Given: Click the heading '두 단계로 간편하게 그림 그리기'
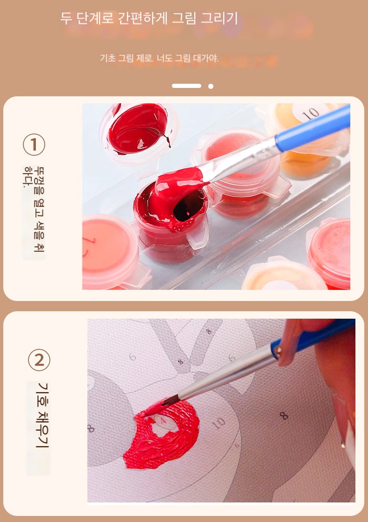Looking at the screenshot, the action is pyautogui.click(x=149, y=18).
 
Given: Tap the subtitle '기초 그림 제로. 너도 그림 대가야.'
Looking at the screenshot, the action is pyautogui.click(x=159, y=58).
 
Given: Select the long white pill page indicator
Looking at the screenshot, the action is pyautogui.click(x=186, y=86).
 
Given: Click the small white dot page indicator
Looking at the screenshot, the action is pyautogui.click(x=211, y=86).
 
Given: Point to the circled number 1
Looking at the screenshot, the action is pyautogui.click(x=34, y=145).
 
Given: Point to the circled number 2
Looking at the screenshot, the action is pyautogui.click(x=39, y=360).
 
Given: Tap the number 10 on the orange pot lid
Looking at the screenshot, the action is pyautogui.click(x=311, y=114).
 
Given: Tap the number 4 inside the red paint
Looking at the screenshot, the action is pyautogui.click(x=163, y=421).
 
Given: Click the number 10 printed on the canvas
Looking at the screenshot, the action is pyautogui.click(x=218, y=424).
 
